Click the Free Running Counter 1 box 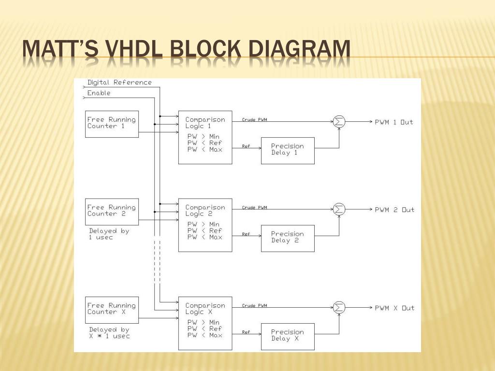(x=112, y=124)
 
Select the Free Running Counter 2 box (x=112, y=211)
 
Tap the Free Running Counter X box (x=112, y=310)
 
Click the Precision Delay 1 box (x=288, y=150)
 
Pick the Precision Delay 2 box (x=288, y=238)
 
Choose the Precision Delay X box (x=288, y=336)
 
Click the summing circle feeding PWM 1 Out (x=339, y=122)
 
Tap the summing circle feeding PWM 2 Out (x=339, y=210)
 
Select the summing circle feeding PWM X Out (x=339, y=308)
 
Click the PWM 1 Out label (x=394, y=122)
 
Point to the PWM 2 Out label (x=394, y=210)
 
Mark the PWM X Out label (x=394, y=308)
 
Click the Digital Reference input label (x=119, y=83)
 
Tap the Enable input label (x=99, y=93)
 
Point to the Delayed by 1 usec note (x=109, y=234)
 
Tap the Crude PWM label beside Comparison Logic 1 (x=254, y=120)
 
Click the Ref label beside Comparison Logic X (x=246, y=332)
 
